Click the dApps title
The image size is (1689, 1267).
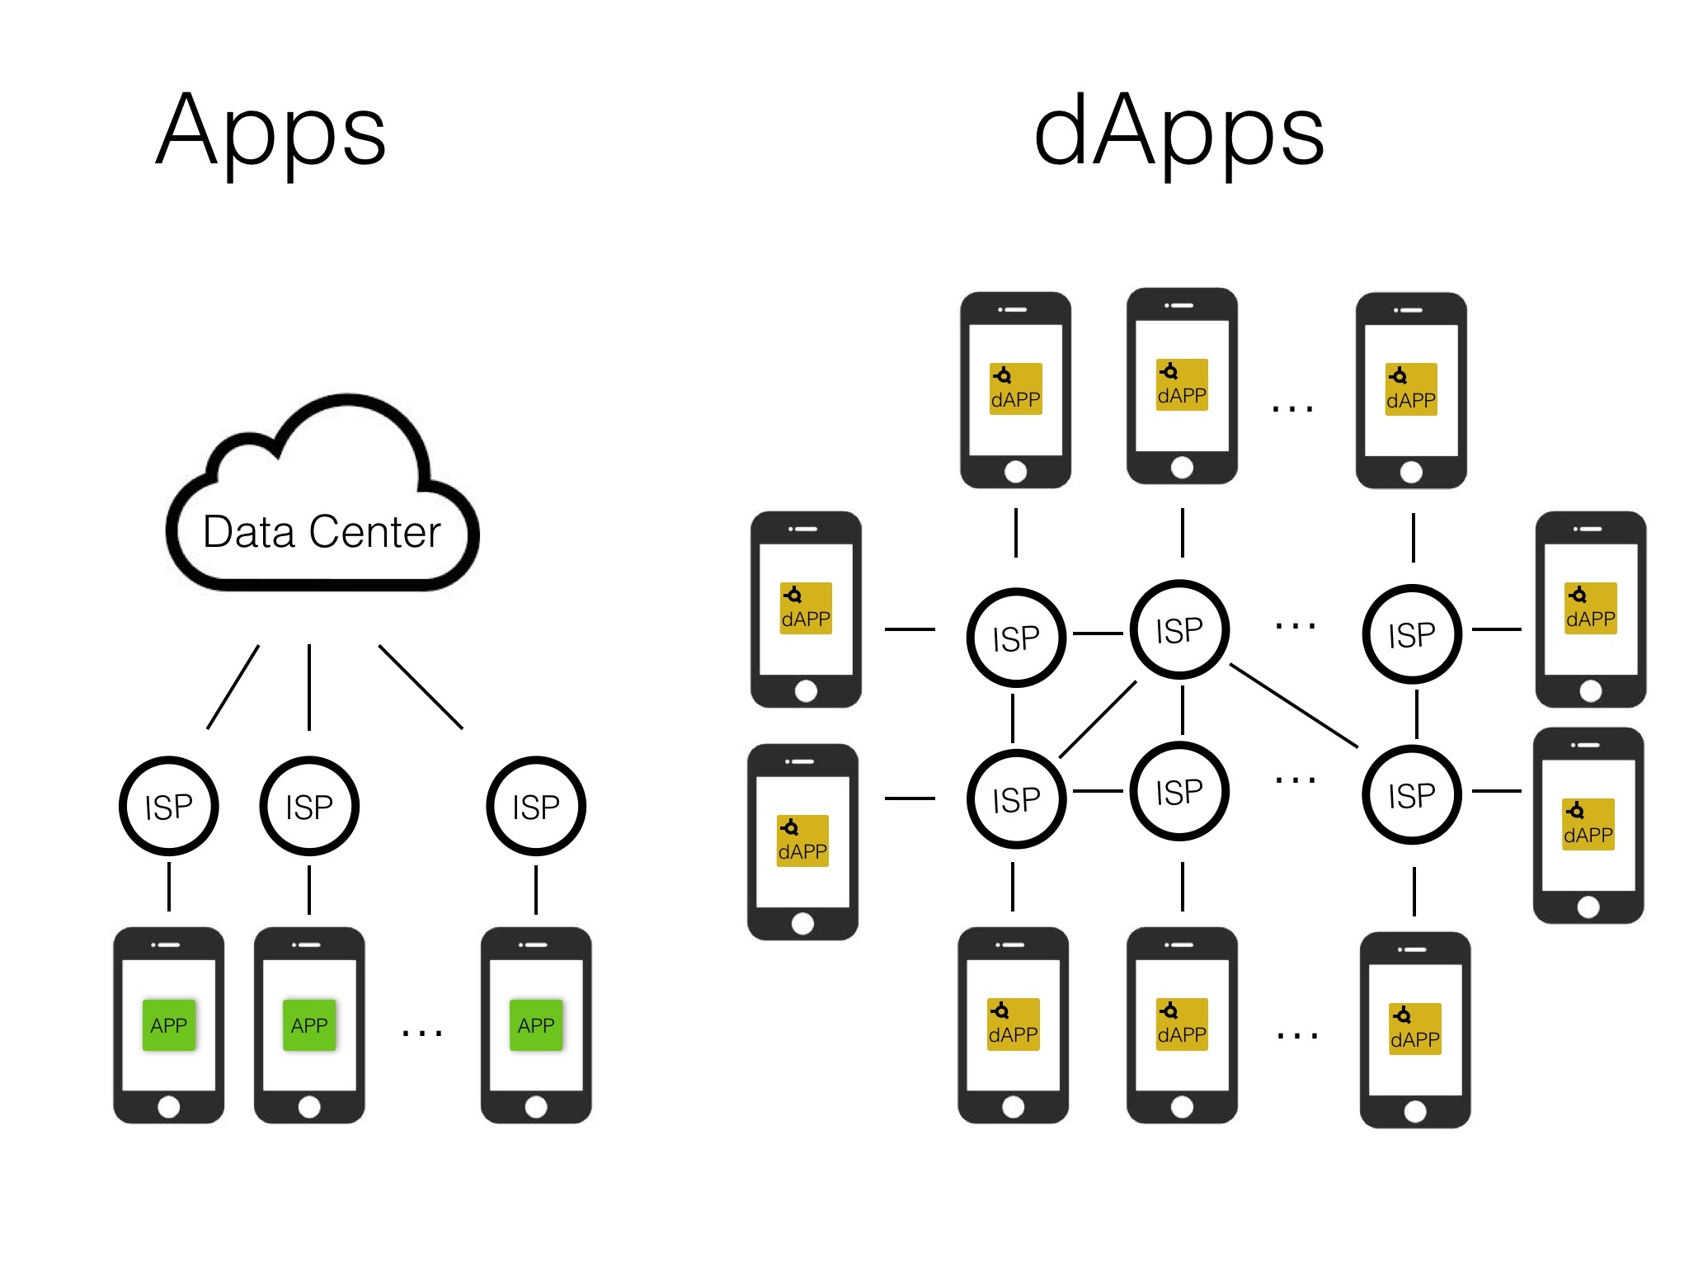(1179, 132)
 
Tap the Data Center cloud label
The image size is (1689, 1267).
(322, 531)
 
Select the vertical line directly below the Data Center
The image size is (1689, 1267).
(309, 687)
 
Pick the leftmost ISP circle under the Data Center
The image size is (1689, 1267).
(169, 806)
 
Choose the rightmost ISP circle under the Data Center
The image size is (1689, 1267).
(536, 806)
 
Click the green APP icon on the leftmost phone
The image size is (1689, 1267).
(169, 1025)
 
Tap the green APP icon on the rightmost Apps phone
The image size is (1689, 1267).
(536, 1025)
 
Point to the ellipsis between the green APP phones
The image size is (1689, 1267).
(422, 1032)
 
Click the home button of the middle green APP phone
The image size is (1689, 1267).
(309, 1107)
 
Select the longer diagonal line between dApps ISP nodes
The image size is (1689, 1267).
(1293, 705)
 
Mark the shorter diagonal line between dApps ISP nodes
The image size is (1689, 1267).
(1098, 718)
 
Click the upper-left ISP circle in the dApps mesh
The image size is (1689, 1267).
(1016, 638)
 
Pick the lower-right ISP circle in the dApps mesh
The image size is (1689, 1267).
(1412, 795)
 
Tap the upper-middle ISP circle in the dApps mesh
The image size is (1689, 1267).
(1179, 630)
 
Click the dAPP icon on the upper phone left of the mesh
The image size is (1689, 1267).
(806, 609)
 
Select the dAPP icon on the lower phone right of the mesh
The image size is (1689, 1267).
(1588, 825)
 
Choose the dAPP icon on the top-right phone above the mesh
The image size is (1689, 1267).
(1411, 389)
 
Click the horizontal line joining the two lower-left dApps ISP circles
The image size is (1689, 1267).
(1098, 792)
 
